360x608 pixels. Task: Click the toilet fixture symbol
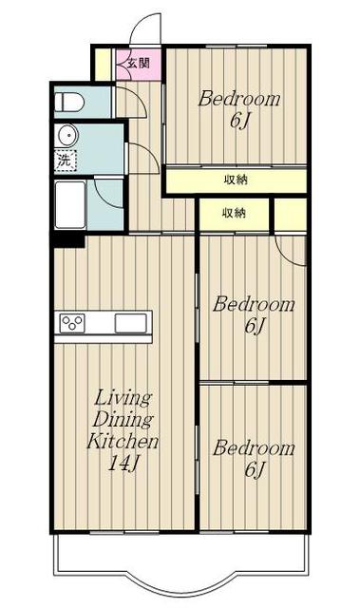coord(69,103)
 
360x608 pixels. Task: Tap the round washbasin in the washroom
coord(68,135)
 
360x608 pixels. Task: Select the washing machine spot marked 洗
coord(66,161)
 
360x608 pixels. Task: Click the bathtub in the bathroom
coord(70,205)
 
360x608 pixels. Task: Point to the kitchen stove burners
coord(72,323)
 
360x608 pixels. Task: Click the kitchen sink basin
coord(130,323)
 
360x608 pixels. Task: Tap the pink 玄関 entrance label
coord(139,63)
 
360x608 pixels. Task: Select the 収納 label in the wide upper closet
coord(236,180)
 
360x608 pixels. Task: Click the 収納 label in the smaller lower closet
coord(234,213)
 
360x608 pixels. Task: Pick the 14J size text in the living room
coord(123,464)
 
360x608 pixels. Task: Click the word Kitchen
coord(123,441)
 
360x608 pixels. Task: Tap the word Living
coord(123,398)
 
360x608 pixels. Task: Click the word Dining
coord(123,420)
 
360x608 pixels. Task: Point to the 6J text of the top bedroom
coord(239,121)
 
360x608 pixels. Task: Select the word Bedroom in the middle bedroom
coord(254,304)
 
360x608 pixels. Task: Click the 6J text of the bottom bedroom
coord(255,470)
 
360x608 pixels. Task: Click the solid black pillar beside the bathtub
coord(68,240)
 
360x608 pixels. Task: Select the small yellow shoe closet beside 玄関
coord(104,65)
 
